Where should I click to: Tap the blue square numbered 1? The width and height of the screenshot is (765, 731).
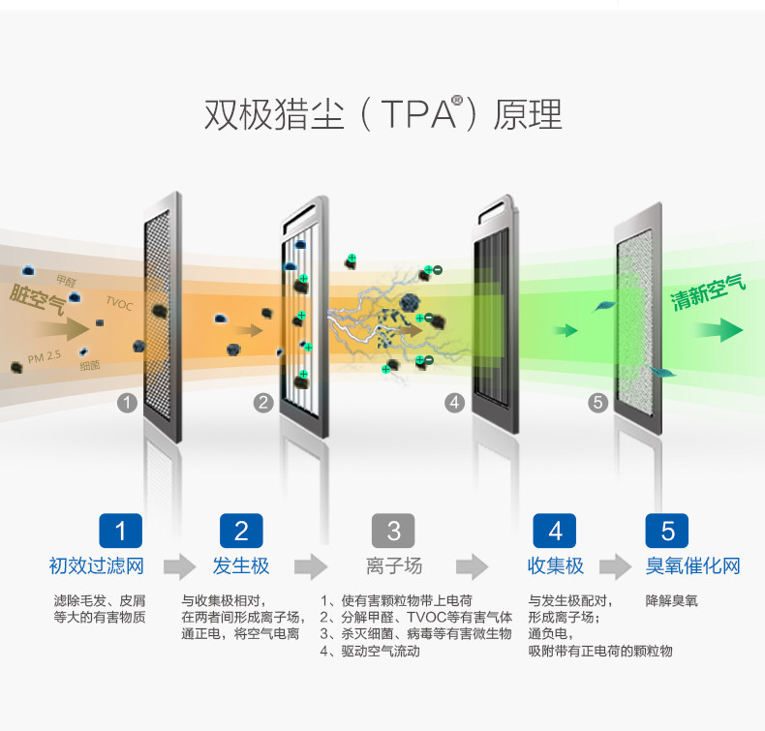click(x=120, y=531)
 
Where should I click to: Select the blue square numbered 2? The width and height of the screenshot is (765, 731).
click(x=241, y=531)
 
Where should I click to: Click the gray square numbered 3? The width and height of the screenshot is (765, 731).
click(x=393, y=531)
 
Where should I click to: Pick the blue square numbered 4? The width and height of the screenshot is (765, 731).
click(x=555, y=531)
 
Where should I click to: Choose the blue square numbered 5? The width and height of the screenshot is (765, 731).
click(x=667, y=531)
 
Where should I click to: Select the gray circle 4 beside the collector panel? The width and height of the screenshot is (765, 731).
click(x=454, y=403)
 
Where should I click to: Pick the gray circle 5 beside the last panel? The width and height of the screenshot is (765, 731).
click(x=597, y=403)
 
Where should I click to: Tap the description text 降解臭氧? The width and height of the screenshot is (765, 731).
click(x=671, y=601)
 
